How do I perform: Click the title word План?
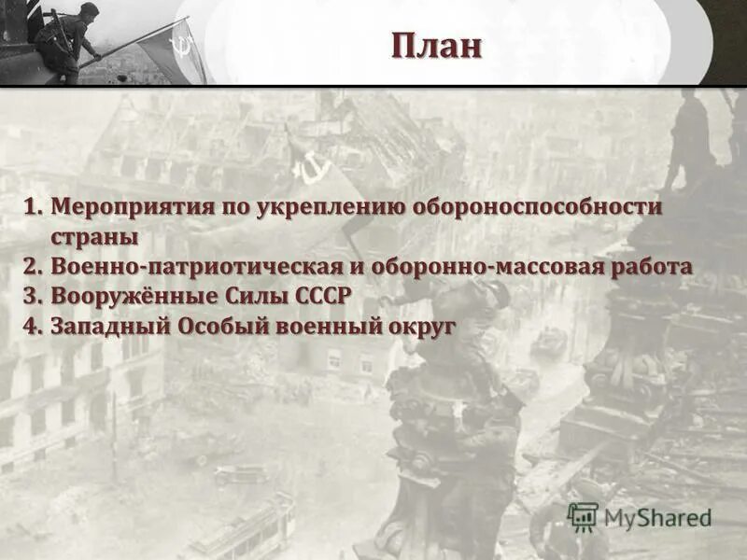click(x=436, y=45)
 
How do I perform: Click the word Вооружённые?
click(x=132, y=296)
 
